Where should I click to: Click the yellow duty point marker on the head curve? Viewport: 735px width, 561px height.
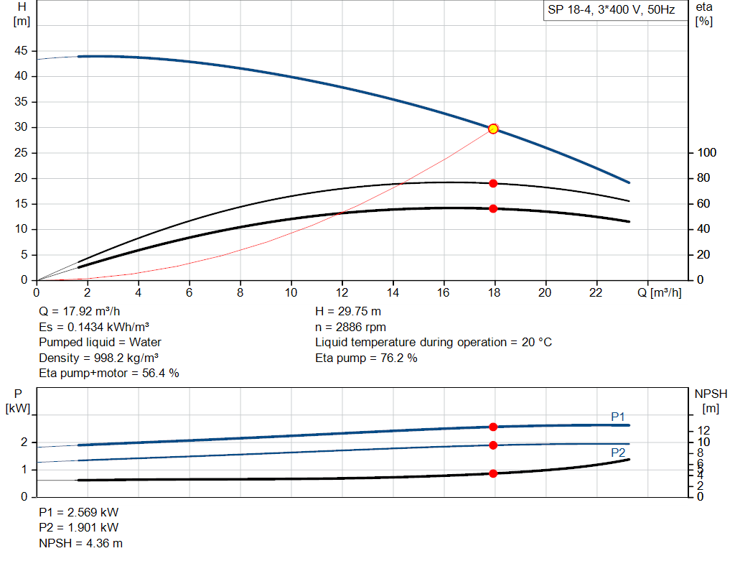coord(493,129)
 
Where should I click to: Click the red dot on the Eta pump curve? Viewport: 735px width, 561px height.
coord(493,183)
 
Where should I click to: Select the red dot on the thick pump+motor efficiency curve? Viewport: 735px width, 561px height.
coord(493,208)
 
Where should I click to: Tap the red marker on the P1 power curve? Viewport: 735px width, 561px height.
coord(493,427)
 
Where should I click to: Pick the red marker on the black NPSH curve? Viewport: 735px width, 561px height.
coord(493,473)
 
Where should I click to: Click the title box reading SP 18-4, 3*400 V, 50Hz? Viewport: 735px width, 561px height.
coord(612,11)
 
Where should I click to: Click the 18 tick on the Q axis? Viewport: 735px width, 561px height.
coord(494,292)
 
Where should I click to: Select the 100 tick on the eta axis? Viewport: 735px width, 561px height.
coord(706,153)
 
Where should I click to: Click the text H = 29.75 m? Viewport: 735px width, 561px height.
coord(348,312)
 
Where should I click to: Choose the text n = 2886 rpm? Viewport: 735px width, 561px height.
coord(351,327)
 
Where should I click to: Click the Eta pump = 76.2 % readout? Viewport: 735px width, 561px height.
coord(366,358)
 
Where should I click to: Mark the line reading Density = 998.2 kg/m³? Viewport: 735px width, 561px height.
coord(99,358)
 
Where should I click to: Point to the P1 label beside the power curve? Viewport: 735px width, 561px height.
coord(618,417)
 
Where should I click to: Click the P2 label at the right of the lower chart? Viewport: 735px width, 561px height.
coord(618,453)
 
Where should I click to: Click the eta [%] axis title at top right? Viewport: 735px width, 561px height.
coord(704,14)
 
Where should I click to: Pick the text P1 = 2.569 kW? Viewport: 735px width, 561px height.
coord(79,513)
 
